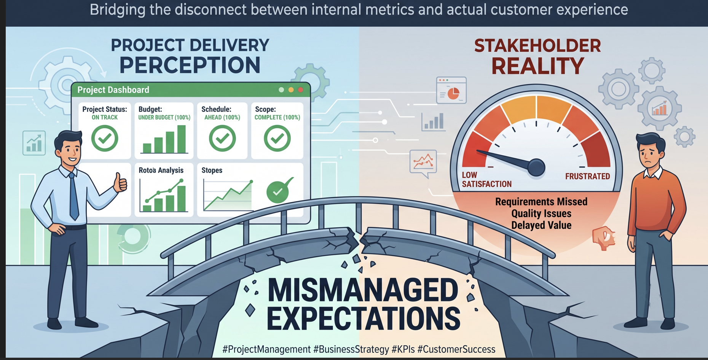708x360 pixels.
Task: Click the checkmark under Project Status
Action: (105, 138)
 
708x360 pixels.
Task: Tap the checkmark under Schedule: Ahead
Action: (222, 138)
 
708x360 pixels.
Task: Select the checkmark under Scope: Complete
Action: (277, 138)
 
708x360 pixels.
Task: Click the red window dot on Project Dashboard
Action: (301, 90)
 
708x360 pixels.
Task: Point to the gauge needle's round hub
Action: (536, 167)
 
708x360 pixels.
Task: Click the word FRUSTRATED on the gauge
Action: (587, 177)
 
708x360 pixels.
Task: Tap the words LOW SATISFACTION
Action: (486, 180)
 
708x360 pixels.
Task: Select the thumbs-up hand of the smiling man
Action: (120, 183)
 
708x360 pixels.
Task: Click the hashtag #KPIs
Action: (403, 349)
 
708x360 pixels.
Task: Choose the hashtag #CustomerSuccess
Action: (456, 349)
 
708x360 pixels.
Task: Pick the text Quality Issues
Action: (541, 213)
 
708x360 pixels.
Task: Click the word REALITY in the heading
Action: (537, 66)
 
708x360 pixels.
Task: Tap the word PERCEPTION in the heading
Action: (190, 65)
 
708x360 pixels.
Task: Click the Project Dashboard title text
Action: (113, 90)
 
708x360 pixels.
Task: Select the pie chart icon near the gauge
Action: (453, 93)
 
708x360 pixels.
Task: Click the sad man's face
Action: (652, 153)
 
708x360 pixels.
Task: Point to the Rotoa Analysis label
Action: (161, 170)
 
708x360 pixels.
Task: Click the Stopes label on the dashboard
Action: (212, 170)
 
